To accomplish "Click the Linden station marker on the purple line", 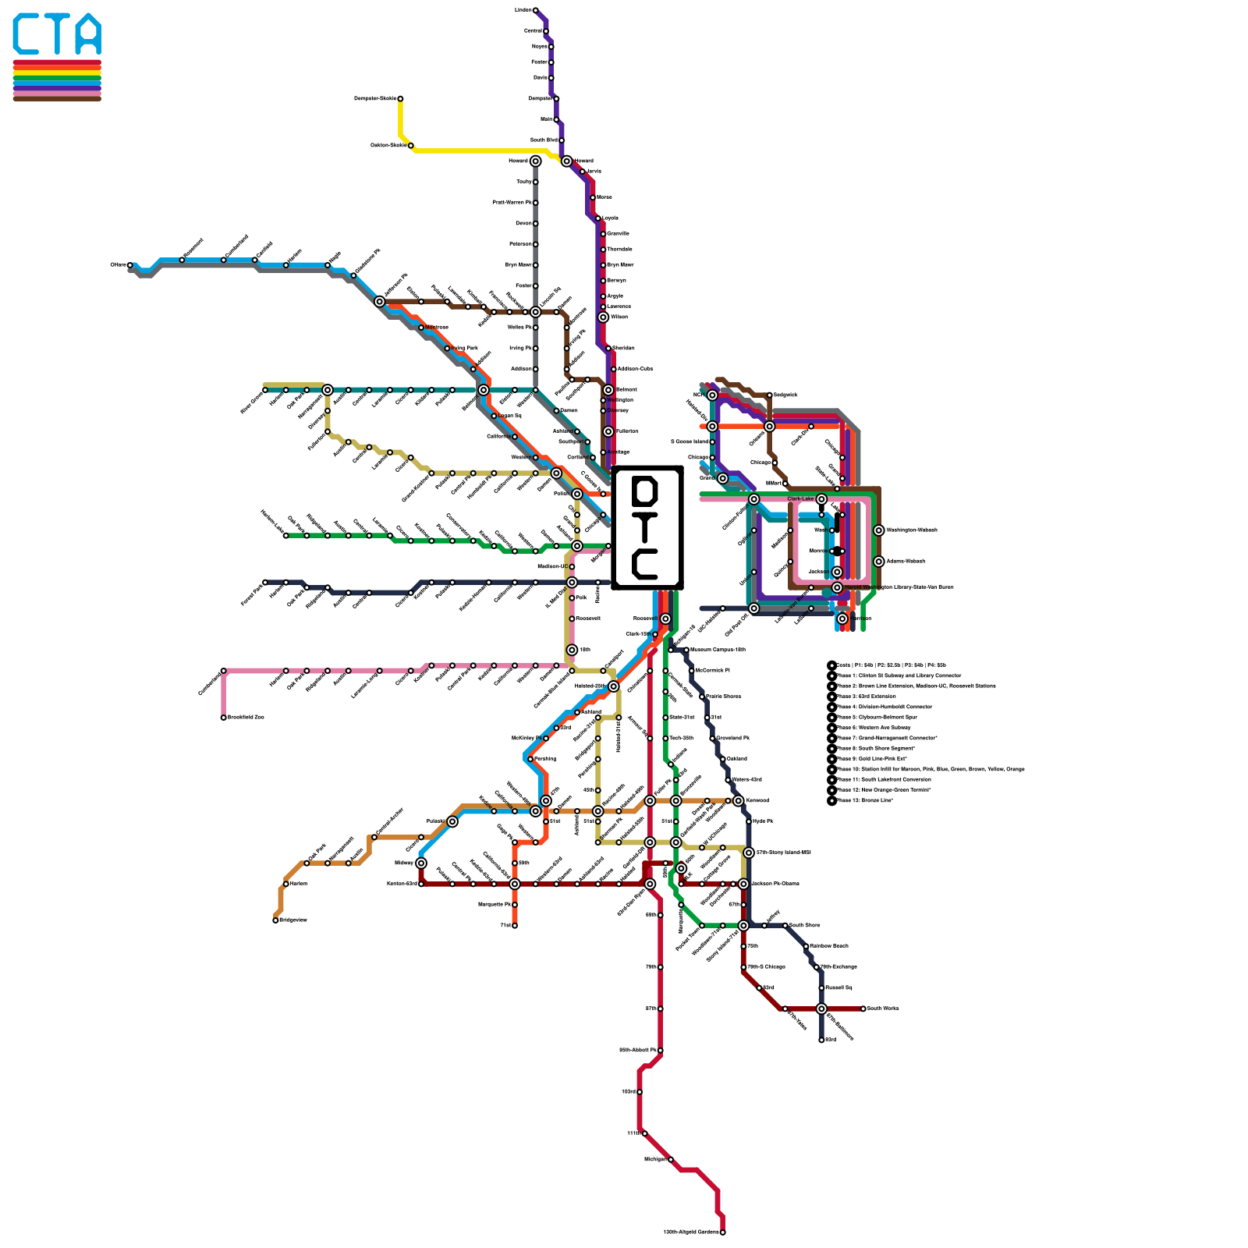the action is (535, 10).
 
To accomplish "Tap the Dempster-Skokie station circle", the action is (400, 99).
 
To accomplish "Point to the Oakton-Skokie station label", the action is (388, 145).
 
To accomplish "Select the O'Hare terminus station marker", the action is (129, 265).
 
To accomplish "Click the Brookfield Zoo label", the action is (246, 718).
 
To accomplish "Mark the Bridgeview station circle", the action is (275, 920).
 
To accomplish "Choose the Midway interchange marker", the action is (421, 863).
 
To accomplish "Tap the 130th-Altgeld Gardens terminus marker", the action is (722, 1232).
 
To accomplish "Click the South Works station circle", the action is (863, 1009).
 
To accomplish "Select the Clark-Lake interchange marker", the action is (821, 499).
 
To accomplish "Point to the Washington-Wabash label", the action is (912, 530).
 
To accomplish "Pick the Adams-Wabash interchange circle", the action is (879, 562).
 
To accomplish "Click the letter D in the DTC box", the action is (645, 491).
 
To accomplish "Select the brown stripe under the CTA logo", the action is (57, 98).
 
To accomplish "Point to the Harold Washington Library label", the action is (897, 587).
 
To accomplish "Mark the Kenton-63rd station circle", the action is (421, 884).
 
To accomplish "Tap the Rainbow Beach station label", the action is (828, 946).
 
